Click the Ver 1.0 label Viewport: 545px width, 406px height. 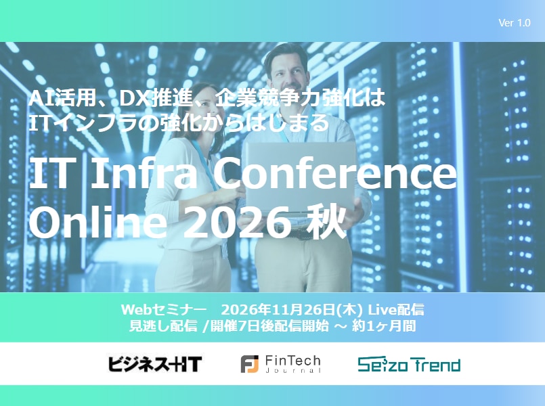tap(514, 23)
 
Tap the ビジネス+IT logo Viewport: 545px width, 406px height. tap(155, 364)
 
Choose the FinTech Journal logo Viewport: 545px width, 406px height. tap(280, 364)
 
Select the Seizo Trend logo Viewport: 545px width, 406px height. tap(409, 365)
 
